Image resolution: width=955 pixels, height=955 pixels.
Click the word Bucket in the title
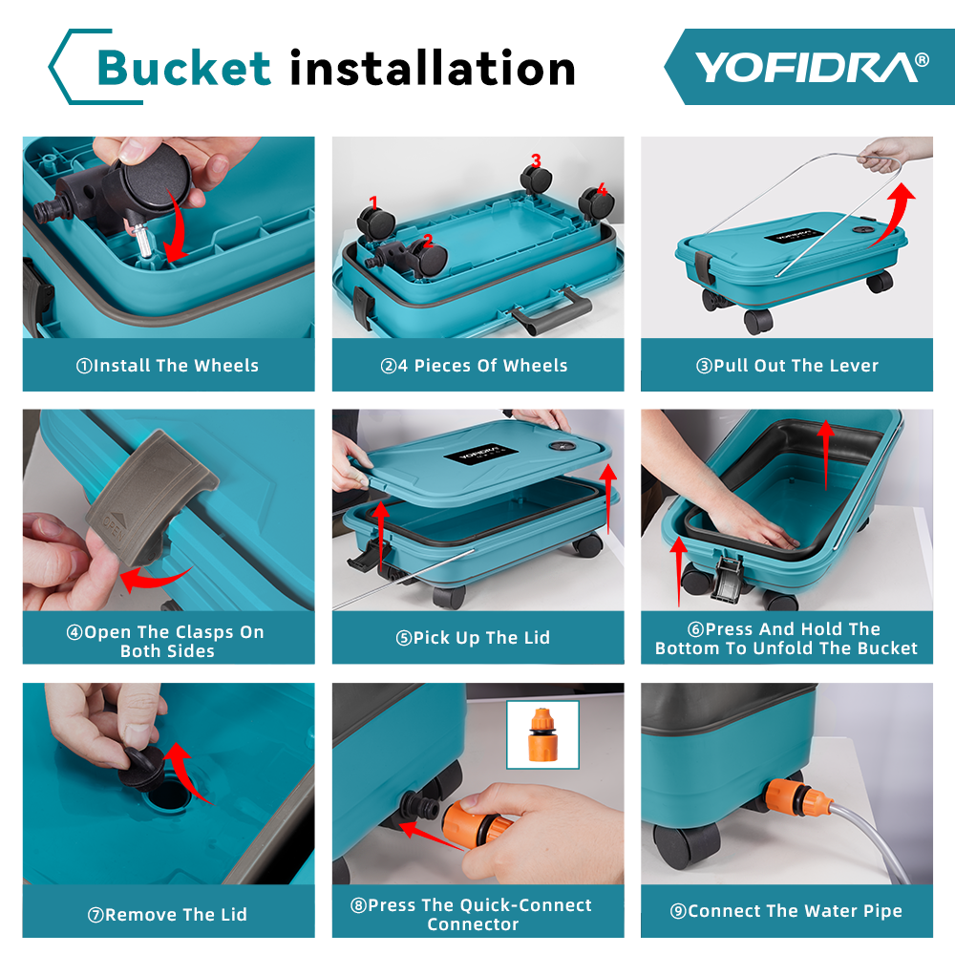tap(184, 68)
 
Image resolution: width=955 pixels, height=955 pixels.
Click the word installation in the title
tap(433, 68)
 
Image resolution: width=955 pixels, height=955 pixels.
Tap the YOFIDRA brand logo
tap(811, 67)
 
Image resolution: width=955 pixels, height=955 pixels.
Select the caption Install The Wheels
tap(168, 366)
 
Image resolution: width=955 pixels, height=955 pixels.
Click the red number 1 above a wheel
tap(373, 202)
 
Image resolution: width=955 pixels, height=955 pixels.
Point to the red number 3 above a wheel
tap(536, 160)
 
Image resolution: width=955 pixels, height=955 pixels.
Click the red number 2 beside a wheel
tap(428, 241)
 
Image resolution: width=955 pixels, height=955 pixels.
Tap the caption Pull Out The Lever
tap(786, 366)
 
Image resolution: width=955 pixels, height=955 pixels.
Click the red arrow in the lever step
tap(893, 215)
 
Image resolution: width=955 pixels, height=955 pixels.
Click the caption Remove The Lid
tap(168, 915)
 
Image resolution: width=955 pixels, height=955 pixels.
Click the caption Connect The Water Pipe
tap(786, 912)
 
